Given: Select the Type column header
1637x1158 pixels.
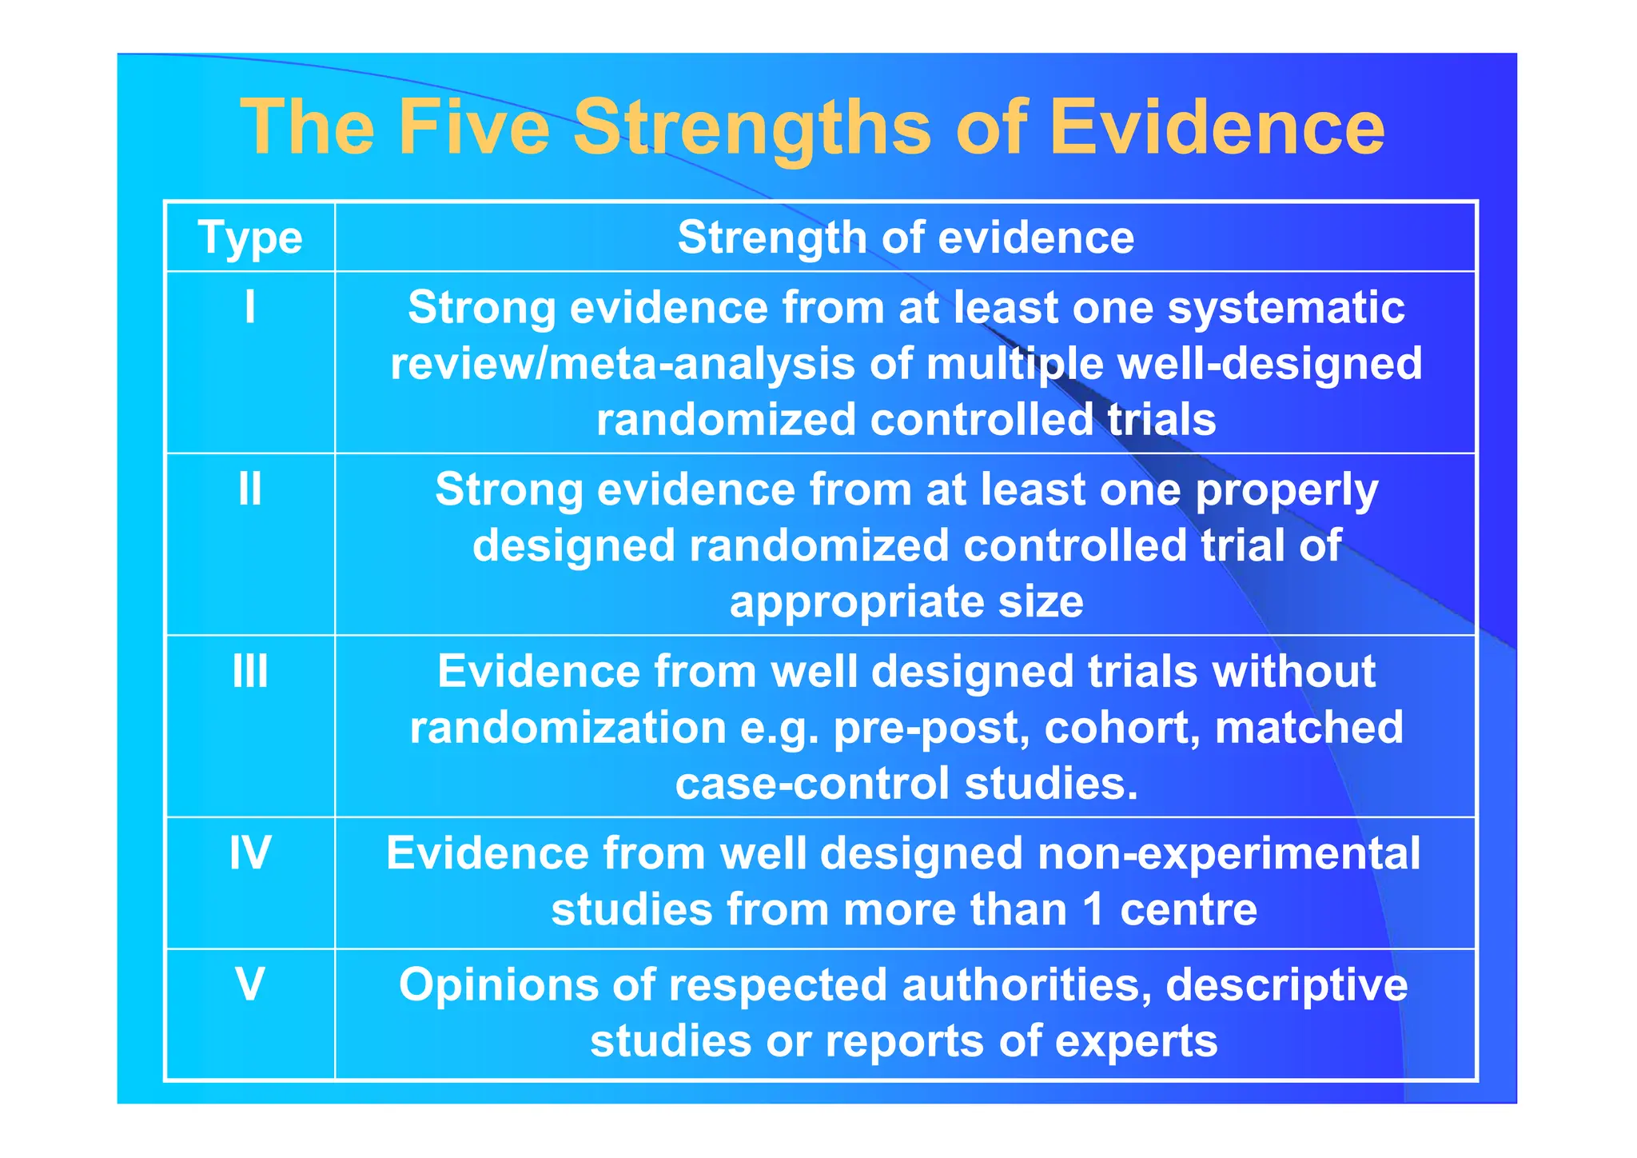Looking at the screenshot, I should tap(250, 238).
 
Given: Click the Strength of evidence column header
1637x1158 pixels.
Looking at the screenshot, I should tap(906, 238).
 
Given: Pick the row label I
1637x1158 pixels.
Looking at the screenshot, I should tap(250, 307).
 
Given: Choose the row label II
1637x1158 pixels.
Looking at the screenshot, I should tap(250, 489).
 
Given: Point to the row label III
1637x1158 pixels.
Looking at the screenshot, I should tap(250, 671).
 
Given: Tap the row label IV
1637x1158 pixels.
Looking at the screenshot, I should tap(250, 853).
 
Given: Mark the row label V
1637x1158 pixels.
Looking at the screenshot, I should tap(250, 984).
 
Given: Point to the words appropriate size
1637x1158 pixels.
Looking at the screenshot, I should tap(906, 601).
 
